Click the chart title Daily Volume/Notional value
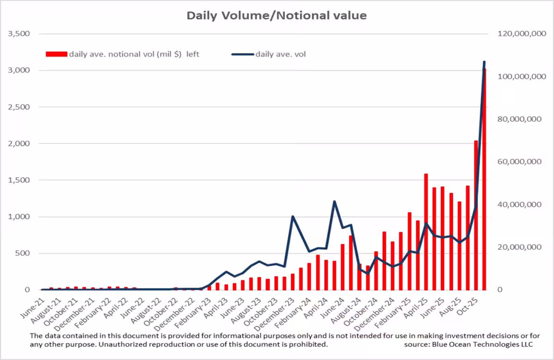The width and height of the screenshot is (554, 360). coord(277,15)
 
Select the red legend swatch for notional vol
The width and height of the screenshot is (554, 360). coord(56,54)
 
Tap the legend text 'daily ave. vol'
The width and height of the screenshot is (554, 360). coord(281,54)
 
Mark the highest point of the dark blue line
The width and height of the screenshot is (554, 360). coord(484,62)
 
